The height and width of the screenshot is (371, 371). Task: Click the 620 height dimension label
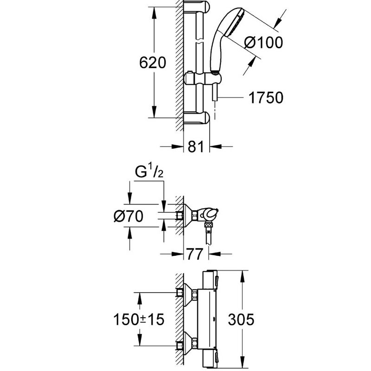[153, 63]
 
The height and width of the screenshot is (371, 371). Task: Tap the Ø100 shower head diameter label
[263, 43]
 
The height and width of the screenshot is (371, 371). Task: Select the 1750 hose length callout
[266, 97]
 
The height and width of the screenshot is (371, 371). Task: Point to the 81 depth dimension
[196, 147]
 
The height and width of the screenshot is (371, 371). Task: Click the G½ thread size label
[149, 172]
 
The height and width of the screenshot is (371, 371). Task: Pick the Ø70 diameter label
[128, 216]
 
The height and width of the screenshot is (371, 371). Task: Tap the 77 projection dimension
[195, 254]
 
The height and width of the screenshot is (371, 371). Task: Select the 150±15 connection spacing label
[139, 320]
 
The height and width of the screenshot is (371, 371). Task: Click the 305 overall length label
[241, 320]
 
